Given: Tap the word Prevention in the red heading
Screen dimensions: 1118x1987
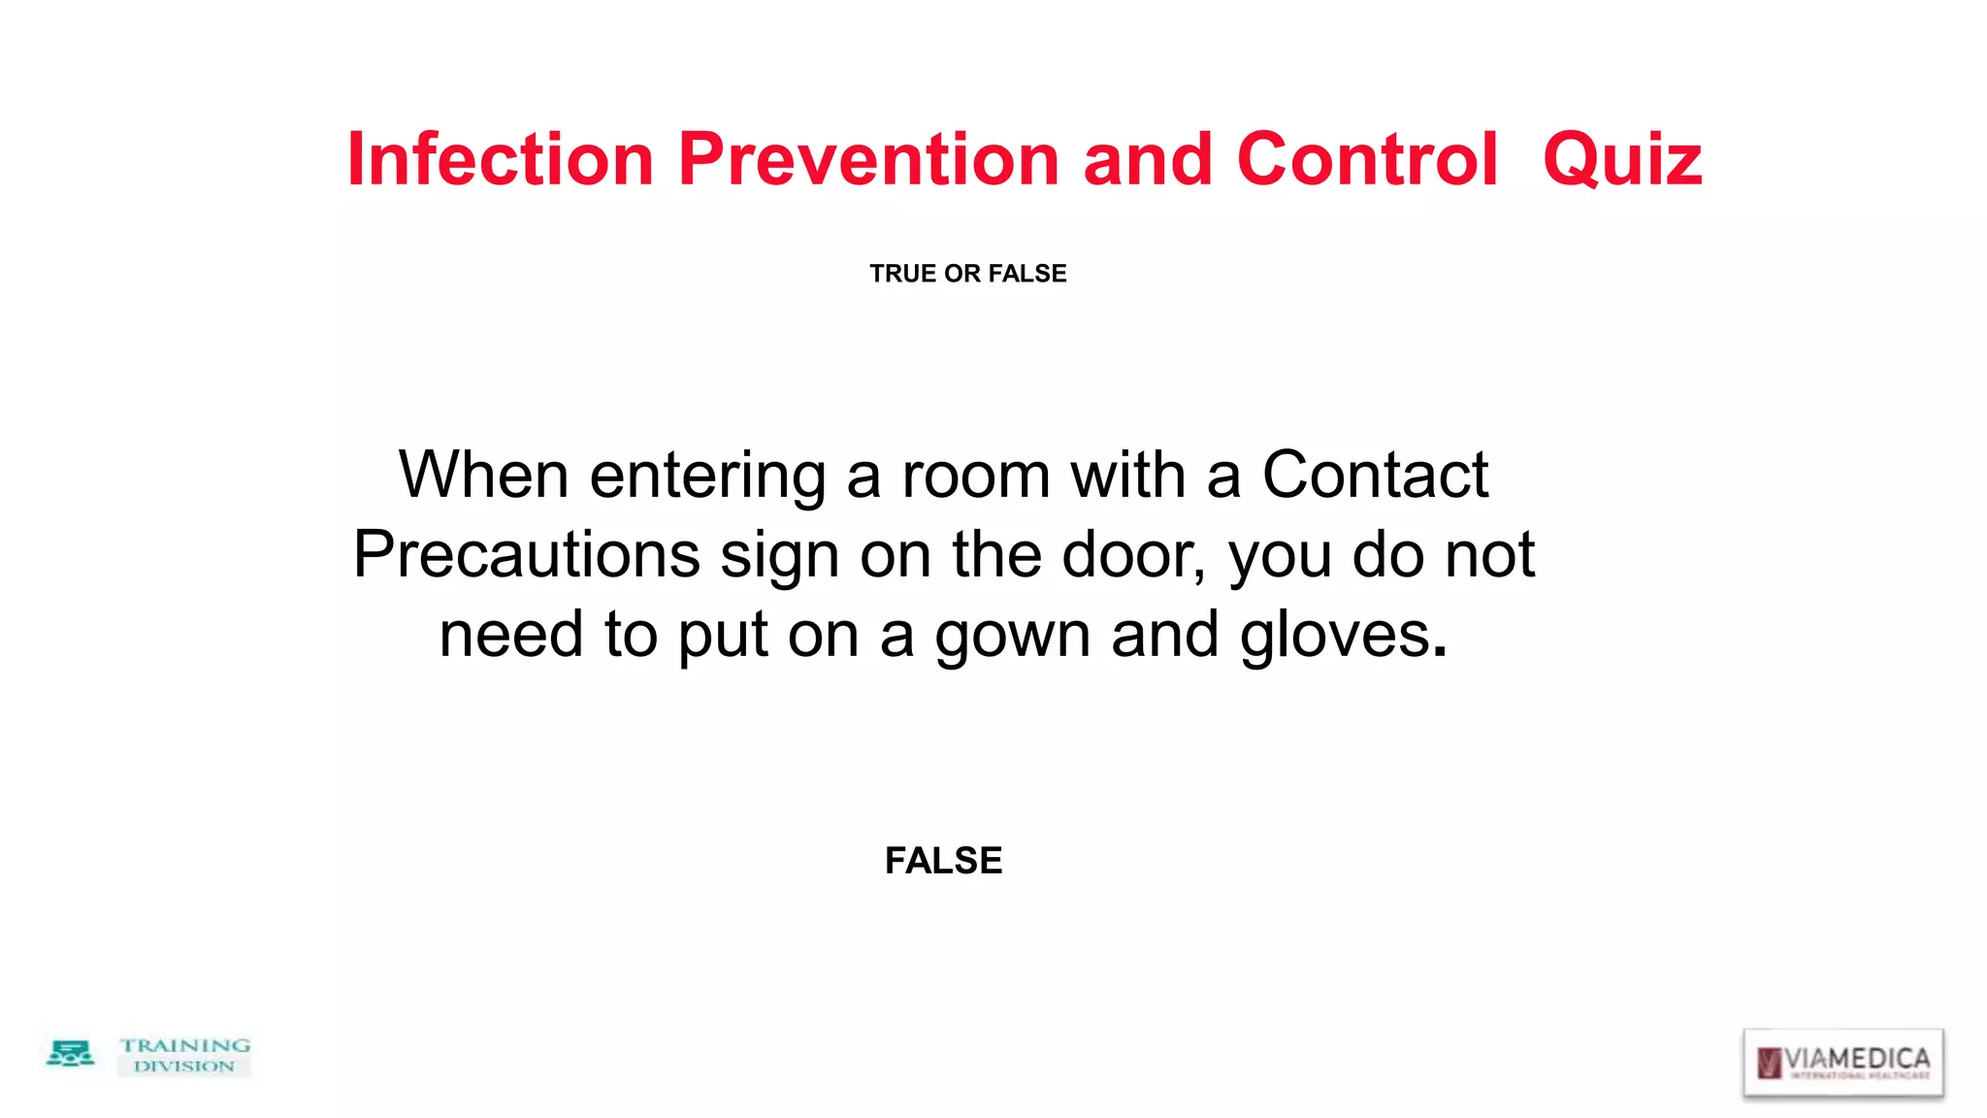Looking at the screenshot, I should (868, 159).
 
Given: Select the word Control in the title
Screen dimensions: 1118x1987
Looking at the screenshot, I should (1367, 159).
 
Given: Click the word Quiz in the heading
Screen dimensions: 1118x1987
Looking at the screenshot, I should (1622, 161).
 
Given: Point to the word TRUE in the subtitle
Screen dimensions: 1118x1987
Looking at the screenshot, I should (902, 274).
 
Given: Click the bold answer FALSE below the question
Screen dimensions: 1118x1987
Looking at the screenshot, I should (943, 861).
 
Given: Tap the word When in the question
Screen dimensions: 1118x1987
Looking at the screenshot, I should (483, 476).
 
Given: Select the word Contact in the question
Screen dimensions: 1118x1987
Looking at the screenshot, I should (1375, 476).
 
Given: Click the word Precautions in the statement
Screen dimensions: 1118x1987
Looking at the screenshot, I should (526, 555).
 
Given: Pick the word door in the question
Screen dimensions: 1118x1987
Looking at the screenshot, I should (1131, 555).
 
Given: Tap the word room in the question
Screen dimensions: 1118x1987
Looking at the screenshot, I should (976, 476).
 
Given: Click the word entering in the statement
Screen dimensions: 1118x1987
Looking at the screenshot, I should (707, 477).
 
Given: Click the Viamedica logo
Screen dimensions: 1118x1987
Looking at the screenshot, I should (1842, 1062).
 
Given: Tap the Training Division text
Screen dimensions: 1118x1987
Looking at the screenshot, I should (184, 1055).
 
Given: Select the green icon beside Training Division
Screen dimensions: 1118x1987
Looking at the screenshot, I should (70, 1054).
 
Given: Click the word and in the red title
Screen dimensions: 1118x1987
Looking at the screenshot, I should (1148, 159).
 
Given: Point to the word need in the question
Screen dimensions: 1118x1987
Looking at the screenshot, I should (511, 635).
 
